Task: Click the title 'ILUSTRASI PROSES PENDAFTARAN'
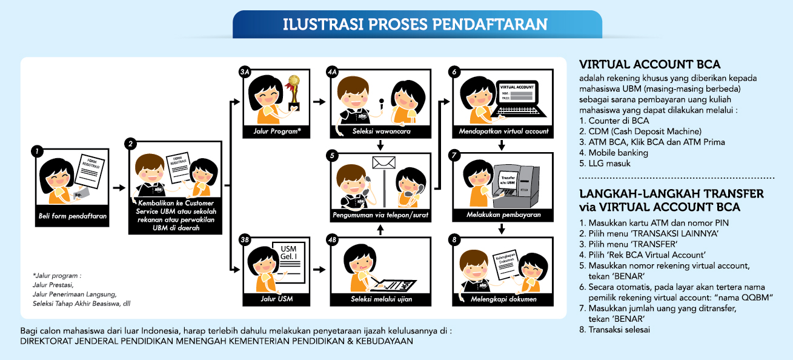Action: click(415, 24)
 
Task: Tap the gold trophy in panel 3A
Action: click(293, 93)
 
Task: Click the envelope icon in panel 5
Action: click(383, 163)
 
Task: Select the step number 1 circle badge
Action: click(37, 152)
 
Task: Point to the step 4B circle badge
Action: click(332, 240)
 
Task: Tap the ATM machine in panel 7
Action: click(516, 185)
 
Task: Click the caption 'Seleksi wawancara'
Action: click(381, 132)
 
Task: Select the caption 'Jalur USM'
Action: click(276, 299)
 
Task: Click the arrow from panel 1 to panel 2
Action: click(119, 188)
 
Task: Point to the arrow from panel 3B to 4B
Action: click(319, 270)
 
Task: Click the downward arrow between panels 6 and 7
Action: click(501, 145)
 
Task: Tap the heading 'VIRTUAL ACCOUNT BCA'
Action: click(649, 64)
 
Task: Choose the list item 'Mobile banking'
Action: click(614, 153)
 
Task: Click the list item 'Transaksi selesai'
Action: click(614, 330)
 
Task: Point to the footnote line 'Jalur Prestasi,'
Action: click(53, 285)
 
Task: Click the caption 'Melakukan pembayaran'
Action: click(503, 215)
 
